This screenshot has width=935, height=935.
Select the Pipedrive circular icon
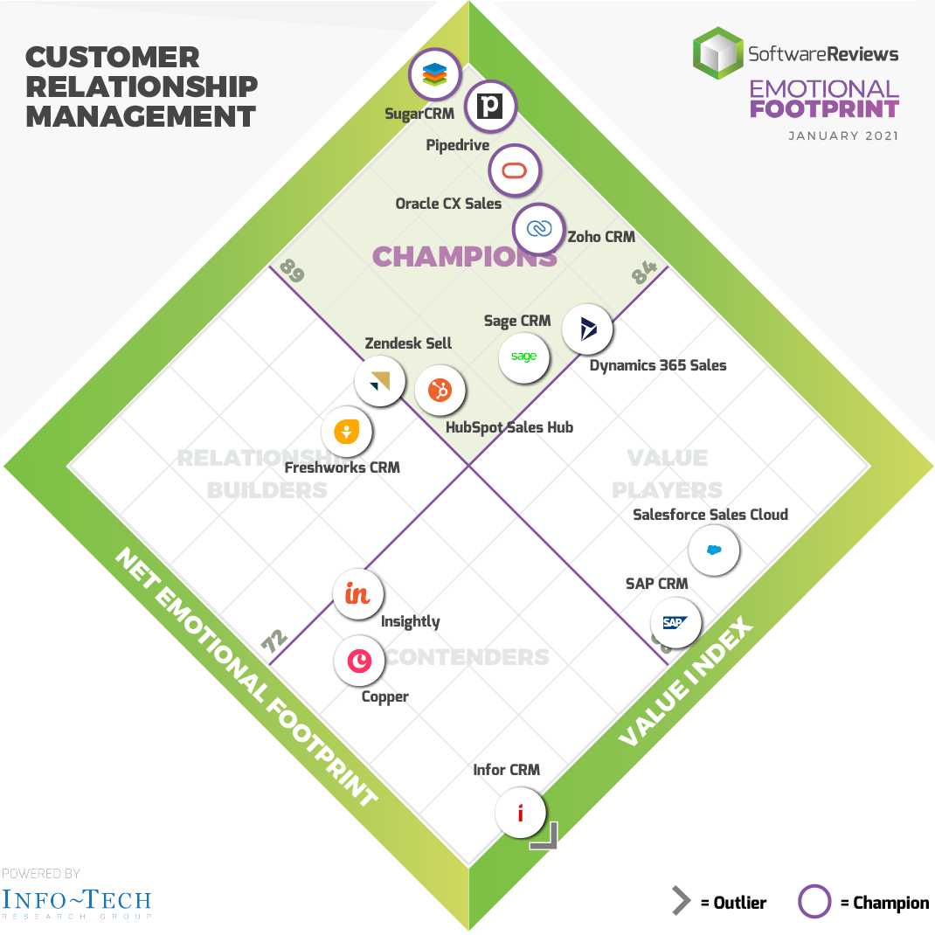490,107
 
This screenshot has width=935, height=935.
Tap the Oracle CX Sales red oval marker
515,170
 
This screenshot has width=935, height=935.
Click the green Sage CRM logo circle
524,357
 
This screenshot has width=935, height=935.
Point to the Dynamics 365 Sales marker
587,329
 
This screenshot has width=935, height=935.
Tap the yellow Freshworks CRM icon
347,432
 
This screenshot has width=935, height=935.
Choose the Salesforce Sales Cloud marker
714,551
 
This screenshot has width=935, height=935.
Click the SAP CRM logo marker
675,623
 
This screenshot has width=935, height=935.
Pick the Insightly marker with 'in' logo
358,594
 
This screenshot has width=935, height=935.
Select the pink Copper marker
359,661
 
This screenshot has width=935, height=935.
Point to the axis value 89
293,272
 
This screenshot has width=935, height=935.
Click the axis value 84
644,274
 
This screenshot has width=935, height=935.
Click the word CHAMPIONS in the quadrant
464,257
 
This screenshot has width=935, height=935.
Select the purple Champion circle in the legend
814,903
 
